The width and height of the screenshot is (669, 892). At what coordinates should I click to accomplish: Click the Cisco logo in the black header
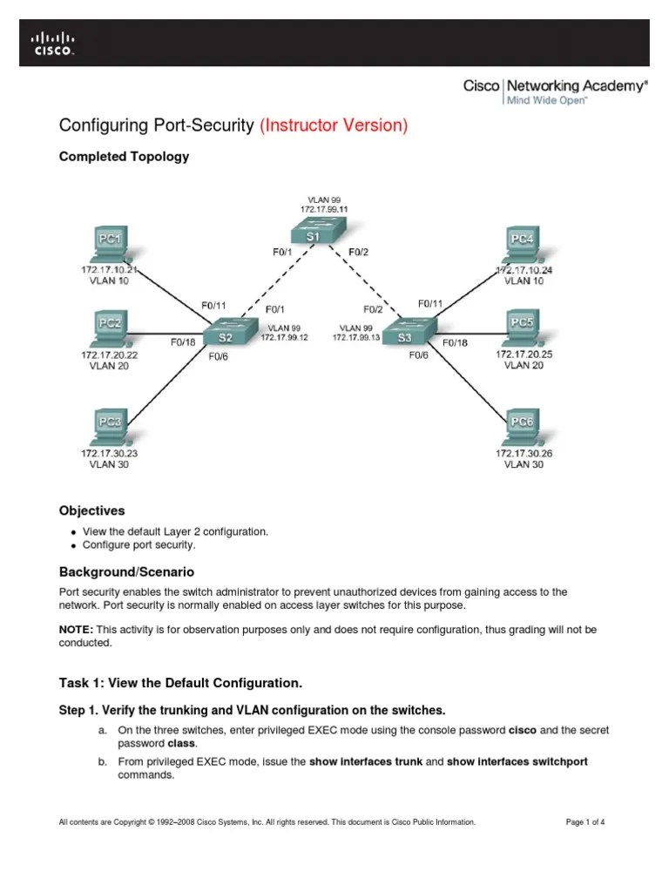[x=53, y=43]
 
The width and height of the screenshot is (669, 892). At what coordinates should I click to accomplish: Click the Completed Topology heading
[x=123, y=157]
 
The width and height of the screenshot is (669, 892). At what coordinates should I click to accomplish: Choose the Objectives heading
[x=91, y=510]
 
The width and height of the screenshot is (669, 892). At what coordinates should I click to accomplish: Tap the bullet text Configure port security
[x=139, y=544]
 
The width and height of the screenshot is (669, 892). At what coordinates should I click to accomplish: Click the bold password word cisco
[x=522, y=728]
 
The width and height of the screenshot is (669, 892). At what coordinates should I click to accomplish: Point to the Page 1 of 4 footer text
[x=585, y=821]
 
